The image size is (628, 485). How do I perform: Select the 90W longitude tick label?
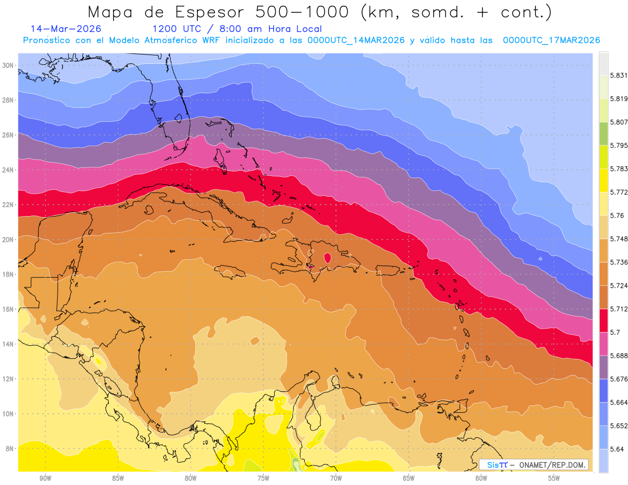[45, 478]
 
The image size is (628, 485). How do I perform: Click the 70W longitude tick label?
[336, 478]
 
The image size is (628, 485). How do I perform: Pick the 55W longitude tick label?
[554, 478]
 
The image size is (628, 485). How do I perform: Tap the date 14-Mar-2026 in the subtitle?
[66, 29]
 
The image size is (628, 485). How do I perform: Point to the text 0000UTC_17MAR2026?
[551, 40]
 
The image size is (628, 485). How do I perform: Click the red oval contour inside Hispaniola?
[328, 257]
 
